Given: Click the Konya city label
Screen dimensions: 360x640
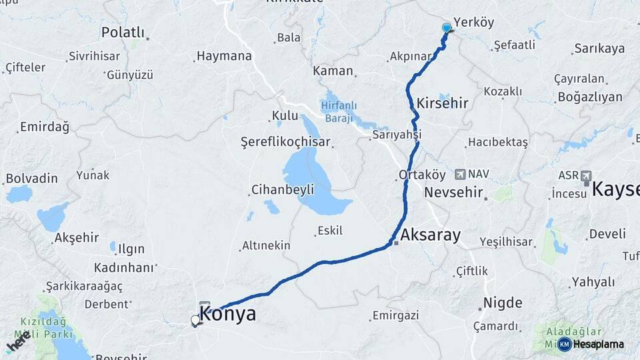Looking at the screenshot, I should (x=228, y=314).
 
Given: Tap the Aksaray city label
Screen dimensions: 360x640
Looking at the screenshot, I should (x=431, y=235).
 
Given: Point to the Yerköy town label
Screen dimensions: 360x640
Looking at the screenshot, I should (x=473, y=22).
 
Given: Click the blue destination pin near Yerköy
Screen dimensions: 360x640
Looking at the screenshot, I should (x=447, y=28).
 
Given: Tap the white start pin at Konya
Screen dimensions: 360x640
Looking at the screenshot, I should (x=195, y=321).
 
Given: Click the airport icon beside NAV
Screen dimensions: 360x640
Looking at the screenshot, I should (x=460, y=174).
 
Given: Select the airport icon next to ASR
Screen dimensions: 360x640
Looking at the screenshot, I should (x=586, y=176).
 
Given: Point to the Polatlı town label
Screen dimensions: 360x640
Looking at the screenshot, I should (x=123, y=32).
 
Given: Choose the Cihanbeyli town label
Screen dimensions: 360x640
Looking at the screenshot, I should (x=283, y=190).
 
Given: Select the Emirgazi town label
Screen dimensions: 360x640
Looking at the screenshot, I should (x=395, y=315).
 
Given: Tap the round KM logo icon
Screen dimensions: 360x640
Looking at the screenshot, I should (x=564, y=344).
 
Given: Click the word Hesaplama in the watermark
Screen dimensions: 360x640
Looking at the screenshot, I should (x=598, y=344).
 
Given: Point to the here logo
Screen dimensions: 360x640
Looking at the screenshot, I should (x=19, y=341).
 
